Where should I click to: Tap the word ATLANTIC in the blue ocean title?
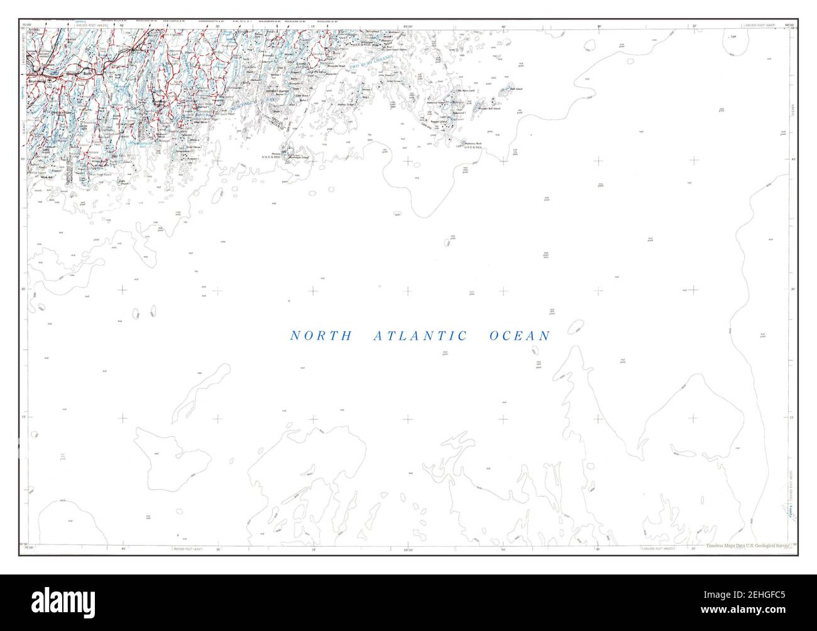click(x=420, y=337)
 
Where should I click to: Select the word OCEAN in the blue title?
click(x=519, y=337)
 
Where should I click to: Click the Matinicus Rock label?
click(x=473, y=144)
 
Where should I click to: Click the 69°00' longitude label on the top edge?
click(x=408, y=26)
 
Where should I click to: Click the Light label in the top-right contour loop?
click(x=733, y=37)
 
